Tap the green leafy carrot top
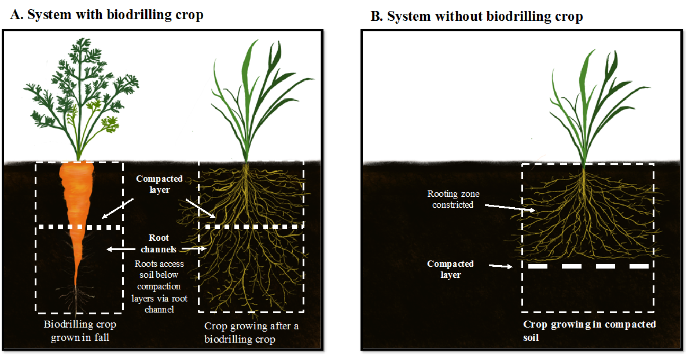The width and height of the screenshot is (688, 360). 81,97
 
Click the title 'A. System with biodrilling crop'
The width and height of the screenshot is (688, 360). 106,14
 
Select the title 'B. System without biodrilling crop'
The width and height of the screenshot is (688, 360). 477,16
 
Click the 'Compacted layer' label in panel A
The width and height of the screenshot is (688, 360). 159,184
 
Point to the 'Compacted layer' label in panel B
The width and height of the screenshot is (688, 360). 450,269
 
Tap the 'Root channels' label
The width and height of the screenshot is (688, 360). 159,243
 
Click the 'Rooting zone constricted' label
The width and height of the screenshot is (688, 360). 453,199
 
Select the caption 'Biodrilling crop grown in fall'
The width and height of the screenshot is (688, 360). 80,330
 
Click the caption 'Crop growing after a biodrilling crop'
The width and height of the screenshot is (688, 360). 252,332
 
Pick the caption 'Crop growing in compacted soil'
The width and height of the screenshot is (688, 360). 589,330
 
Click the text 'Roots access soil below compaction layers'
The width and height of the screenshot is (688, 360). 159,281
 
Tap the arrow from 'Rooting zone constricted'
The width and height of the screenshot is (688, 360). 510,208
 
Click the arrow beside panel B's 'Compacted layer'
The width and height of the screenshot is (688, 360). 501,266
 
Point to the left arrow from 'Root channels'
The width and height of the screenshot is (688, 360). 121,249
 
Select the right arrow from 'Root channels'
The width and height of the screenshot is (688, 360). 194,249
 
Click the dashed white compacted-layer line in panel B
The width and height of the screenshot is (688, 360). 588,266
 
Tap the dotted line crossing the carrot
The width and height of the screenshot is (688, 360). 79,227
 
